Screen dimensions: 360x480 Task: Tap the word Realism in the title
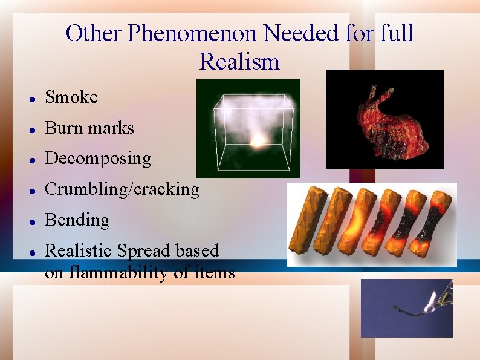(239, 62)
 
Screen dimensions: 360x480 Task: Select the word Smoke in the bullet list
(71, 97)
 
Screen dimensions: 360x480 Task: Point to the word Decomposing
(98, 159)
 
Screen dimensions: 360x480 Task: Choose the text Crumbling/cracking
(122, 189)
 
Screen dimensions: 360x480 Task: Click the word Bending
(77, 220)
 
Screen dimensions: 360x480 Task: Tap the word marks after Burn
(111, 128)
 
